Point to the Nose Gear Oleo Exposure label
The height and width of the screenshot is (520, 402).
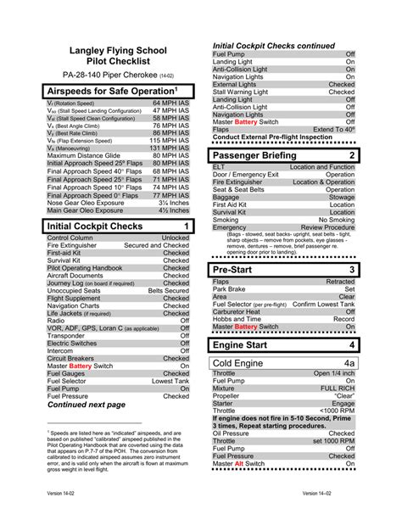pos(87,203)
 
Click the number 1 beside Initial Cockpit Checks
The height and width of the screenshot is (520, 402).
pos(185,226)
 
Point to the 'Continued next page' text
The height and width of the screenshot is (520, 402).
pos(87,405)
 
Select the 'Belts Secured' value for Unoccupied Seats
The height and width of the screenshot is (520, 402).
pos(168,290)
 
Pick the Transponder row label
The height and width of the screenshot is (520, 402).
pos(67,335)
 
